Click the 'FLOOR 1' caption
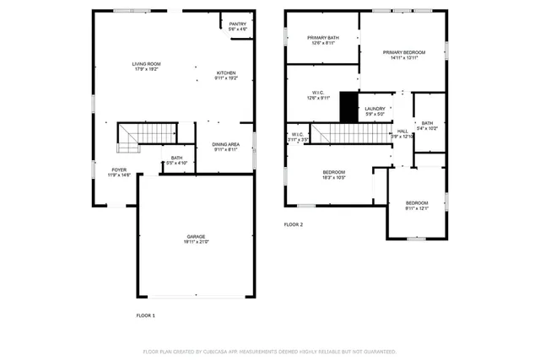[146, 315]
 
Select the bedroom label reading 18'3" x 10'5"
[333, 175]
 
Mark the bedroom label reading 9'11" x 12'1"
[417, 205]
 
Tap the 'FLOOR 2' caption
[293, 225]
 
